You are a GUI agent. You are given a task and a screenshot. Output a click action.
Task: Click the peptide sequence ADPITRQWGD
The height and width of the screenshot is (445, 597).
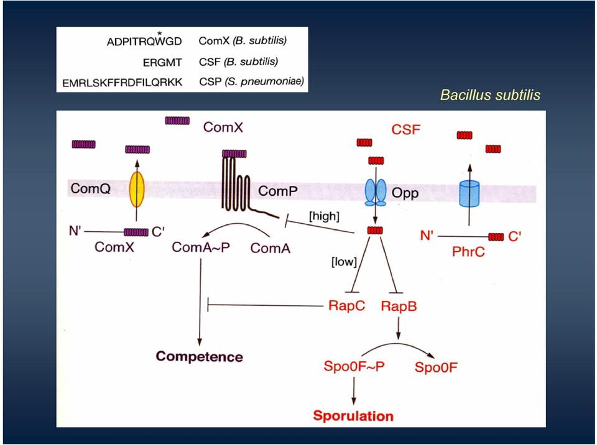click(x=144, y=42)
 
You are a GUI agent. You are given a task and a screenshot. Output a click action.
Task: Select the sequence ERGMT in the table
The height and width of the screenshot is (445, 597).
click(x=162, y=62)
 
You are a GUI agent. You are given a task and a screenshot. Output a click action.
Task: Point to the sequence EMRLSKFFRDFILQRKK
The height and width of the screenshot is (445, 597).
click(x=123, y=83)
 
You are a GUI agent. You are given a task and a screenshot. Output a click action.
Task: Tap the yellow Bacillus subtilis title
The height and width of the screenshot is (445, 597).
click(x=490, y=95)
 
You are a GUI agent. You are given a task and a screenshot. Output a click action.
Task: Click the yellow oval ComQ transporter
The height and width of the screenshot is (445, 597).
click(x=137, y=189)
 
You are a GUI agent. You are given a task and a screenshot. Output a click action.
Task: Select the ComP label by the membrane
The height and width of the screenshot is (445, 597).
click(x=277, y=191)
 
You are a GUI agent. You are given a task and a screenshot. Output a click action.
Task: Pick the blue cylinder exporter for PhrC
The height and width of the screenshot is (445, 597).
click(x=470, y=194)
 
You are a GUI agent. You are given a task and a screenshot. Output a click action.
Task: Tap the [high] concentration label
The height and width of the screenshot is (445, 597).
click(x=324, y=216)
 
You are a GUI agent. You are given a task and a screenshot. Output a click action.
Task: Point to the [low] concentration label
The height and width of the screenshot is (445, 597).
click(x=344, y=262)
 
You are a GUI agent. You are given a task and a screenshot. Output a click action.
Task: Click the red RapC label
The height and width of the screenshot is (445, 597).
click(x=346, y=306)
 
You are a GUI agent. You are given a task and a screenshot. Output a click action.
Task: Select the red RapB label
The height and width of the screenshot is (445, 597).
click(x=399, y=306)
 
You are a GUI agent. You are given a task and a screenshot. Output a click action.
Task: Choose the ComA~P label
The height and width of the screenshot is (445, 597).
click(x=201, y=247)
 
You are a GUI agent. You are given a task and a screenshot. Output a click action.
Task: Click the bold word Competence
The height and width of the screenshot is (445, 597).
click(x=199, y=357)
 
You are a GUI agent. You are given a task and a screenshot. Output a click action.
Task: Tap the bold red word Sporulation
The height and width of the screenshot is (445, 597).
click(x=353, y=416)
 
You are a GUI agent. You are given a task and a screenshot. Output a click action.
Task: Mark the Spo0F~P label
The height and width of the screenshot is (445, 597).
click(x=354, y=366)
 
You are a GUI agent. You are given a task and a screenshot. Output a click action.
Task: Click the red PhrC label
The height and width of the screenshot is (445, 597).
click(x=468, y=252)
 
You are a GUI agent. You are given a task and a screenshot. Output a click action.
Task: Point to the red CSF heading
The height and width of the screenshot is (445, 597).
click(x=406, y=129)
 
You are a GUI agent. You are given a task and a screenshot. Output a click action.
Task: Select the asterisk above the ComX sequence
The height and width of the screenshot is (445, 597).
click(x=159, y=34)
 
